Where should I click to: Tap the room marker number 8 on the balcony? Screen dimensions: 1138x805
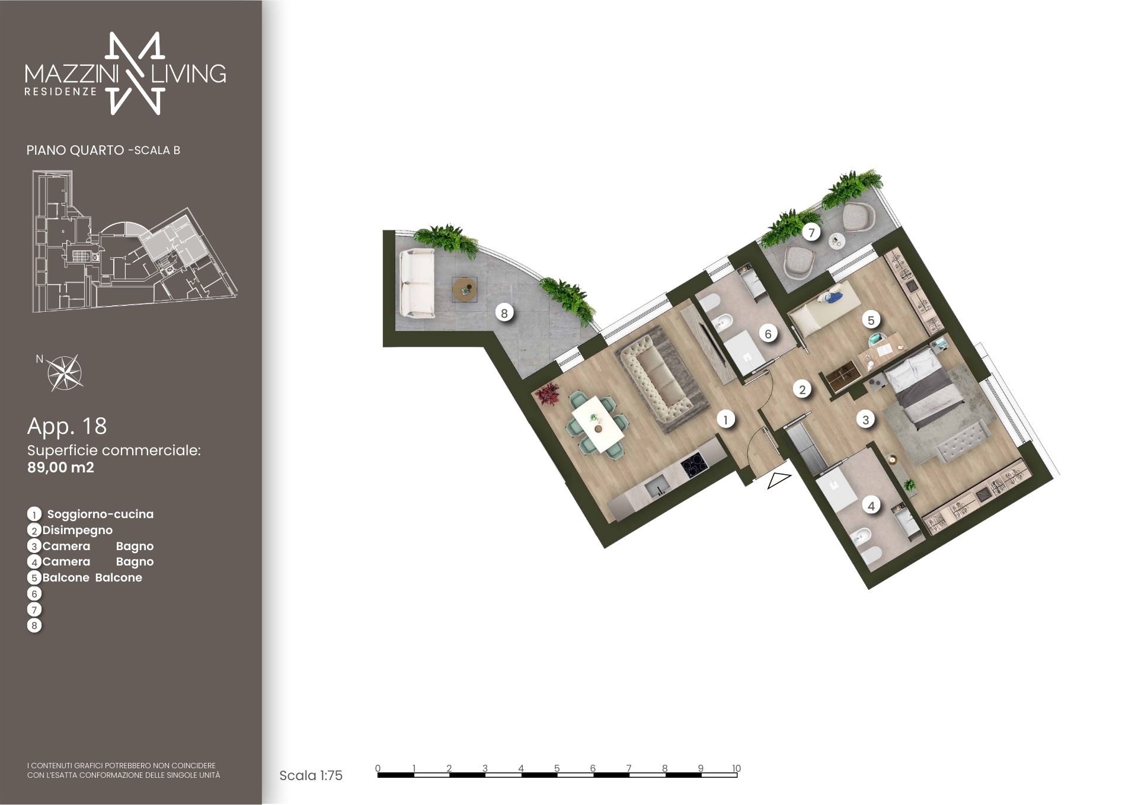pos(504,313)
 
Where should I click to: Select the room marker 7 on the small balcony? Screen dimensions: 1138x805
pos(811,233)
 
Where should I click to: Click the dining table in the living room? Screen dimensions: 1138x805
pos(597,423)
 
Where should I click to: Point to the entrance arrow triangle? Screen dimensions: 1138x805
pos(779,481)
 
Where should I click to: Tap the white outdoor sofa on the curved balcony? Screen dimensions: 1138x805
pos(418,282)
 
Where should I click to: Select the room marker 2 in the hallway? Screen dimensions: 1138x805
pos(802,389)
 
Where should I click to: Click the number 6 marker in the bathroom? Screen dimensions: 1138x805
pos(768,334)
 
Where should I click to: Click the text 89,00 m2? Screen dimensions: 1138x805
pos(60,467)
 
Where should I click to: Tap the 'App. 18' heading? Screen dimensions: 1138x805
pos(67,426)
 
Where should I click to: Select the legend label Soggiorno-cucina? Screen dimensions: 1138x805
pos(100,515)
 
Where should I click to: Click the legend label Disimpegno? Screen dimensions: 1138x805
pos(77,531)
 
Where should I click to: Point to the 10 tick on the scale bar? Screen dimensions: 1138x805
pos(736,768)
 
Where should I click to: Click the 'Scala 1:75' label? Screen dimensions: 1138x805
pos(311,775)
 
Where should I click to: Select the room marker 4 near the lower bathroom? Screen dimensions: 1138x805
pos(871,506)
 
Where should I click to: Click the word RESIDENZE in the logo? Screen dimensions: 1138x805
pos(60,92)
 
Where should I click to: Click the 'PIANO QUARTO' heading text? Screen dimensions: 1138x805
pos(75,151)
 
